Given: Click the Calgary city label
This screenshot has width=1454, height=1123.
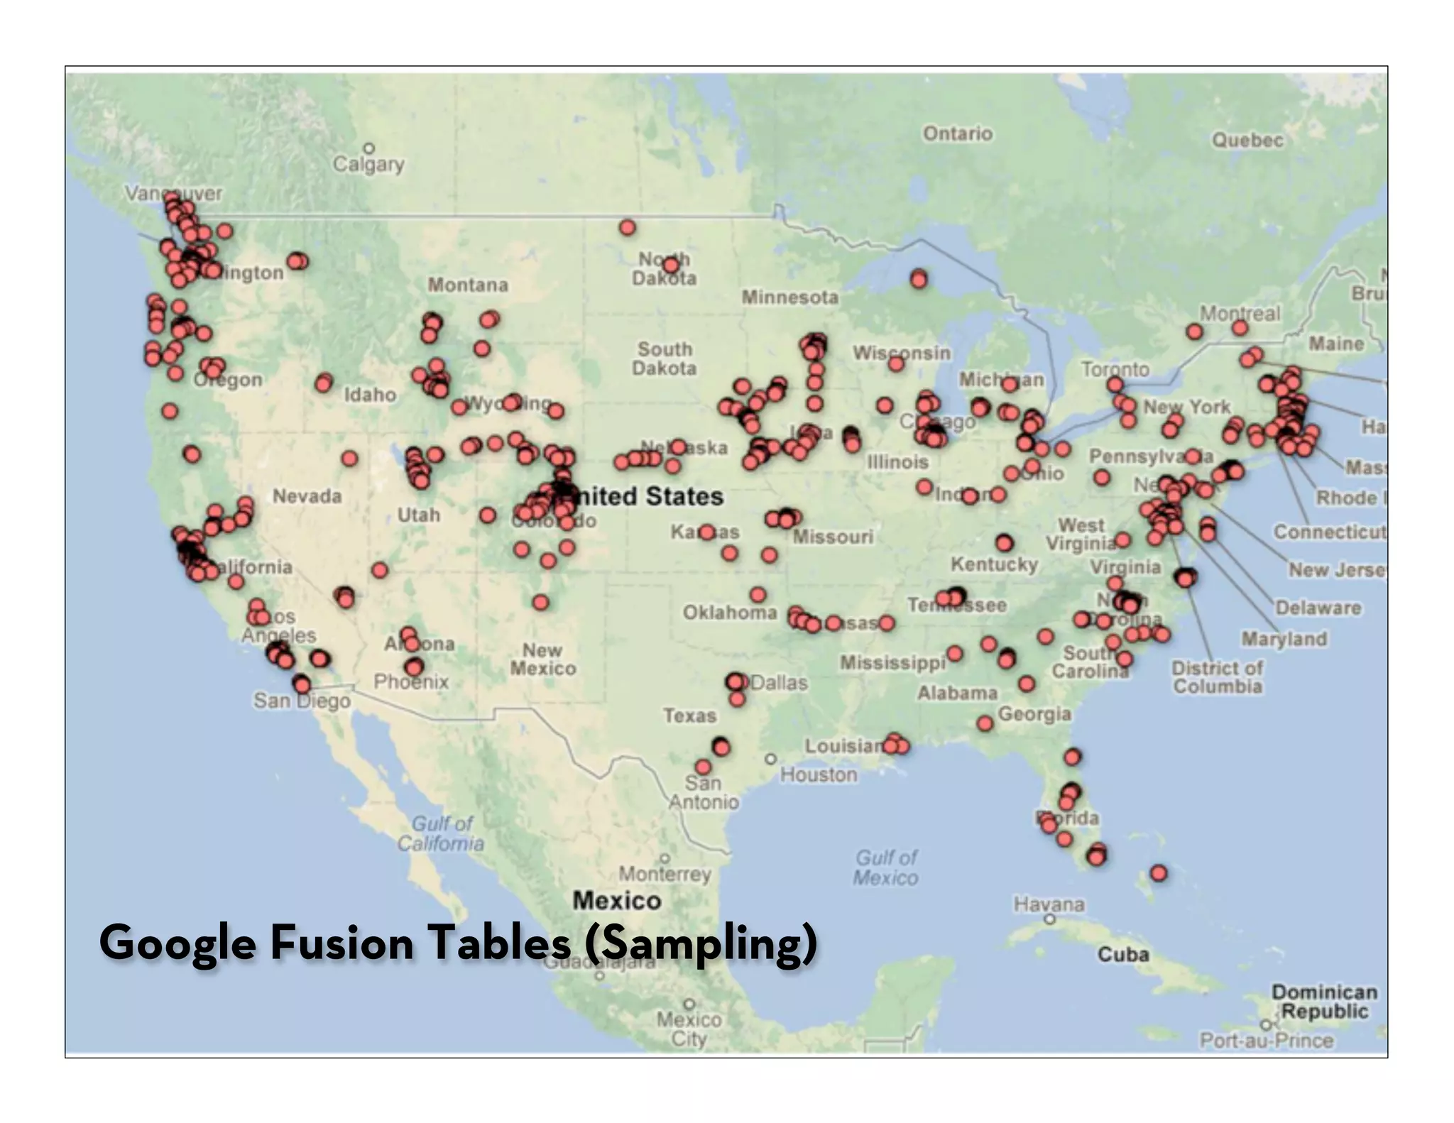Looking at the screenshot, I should pyautogui.click(x=368, y=165).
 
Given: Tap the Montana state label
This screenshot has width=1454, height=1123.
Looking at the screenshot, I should pyautogui.click(x=467, y=285).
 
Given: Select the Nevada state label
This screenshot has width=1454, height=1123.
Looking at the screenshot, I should pyautogui.click(x=307, y=495).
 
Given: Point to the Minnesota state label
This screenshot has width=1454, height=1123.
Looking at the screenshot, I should pyautogui.click(x=789, y=297).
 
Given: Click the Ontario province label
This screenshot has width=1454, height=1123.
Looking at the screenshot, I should pyautogui.click(x=957, y=133).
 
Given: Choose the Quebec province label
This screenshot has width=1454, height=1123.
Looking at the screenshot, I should pyautogui.click(x=1247, y=140).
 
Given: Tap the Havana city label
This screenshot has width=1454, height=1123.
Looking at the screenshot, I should pyautogui.click(x=1049, y=904).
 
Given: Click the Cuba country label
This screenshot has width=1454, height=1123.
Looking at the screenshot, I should pyautogui.click(x=1123, y=954).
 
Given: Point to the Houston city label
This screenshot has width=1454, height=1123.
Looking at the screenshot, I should pyautogui.click(x=819, y=774).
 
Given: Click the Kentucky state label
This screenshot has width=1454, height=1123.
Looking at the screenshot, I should pyautogui.click(x=994, y=564).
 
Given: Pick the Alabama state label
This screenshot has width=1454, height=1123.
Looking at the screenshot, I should pyautogui.click(x=957, y=692).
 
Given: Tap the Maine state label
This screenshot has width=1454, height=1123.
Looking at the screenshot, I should pyautogui.click(x=1336, y=344).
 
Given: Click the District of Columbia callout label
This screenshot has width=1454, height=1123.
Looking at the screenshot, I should pyautogui.click(x=1217, y=677).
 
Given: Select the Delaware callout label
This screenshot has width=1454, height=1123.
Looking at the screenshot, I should pyautogui.click(x=1318, y=608).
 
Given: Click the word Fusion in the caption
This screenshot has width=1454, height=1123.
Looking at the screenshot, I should pyautogui.click(x=341, y=943).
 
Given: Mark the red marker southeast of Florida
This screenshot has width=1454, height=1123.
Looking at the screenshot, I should pyautogui.click(x=1159, y=873).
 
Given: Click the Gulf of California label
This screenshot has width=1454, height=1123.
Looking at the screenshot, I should pyautogui.click(x=441, y=833).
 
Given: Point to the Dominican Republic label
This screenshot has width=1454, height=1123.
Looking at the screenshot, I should pyautogui.click(x=1324, y=1001).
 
